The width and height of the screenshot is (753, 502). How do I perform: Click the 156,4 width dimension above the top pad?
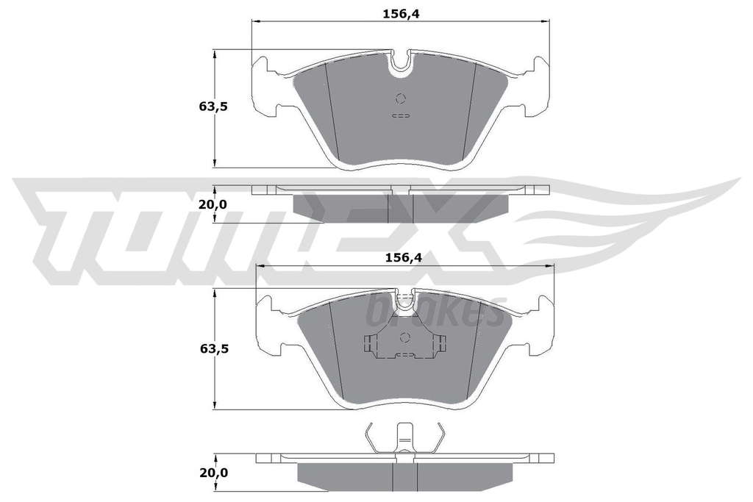tap(401, 14)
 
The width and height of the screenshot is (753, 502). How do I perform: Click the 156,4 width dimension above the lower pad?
tap(404, 258)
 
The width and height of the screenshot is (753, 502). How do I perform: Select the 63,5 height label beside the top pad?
tap(213, 107)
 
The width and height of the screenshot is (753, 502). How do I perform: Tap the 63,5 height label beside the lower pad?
tap(214, 349)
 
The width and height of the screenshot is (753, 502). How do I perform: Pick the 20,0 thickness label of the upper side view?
tap(213, 205)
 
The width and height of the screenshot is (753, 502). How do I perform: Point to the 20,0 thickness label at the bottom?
tap(214, 473)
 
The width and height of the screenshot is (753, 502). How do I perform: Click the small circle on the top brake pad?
tap(401, 99)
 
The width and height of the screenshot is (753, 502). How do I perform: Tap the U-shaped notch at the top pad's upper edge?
tap(401, 64)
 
